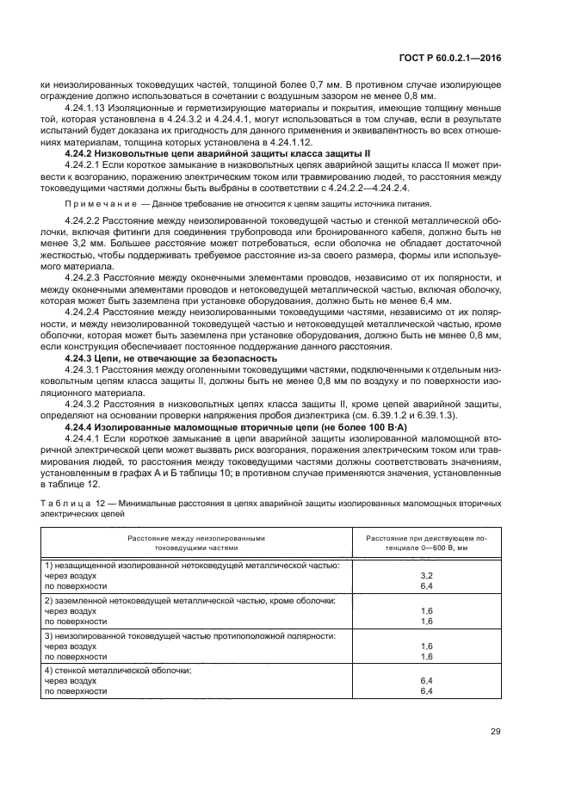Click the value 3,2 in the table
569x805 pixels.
[424, 573]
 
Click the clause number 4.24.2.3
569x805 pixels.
[83, 277]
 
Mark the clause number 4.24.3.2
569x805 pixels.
[83, 403]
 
